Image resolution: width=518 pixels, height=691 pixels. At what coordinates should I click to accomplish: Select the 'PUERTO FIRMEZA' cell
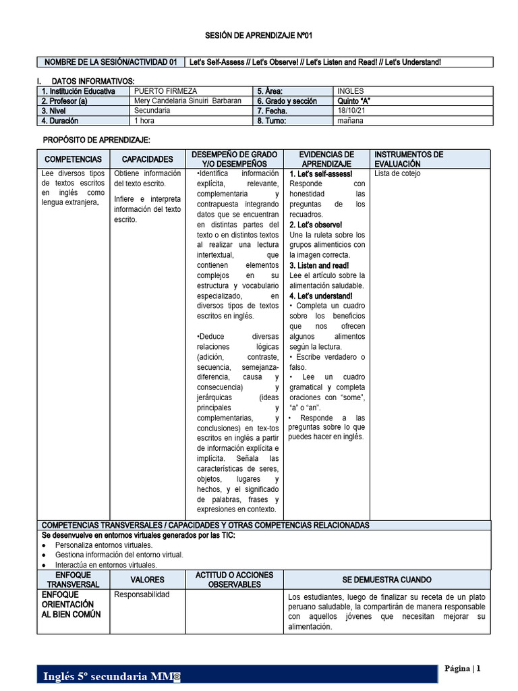click(x=162, y=90)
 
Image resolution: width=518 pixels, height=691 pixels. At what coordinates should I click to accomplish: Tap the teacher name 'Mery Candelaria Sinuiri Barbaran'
click(x=188, y=101)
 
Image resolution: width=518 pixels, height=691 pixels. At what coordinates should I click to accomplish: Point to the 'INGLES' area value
click(x=350, y=90)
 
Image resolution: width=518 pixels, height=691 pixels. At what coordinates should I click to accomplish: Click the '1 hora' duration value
click(x=146, y=121)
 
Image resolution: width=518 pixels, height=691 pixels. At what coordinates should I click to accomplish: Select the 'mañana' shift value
click(x=351, y=121)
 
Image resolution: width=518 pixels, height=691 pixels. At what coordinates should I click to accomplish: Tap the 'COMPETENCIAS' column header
click(x=73, y=159)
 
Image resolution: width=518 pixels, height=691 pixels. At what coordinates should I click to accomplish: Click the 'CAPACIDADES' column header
click(x=147, y=159)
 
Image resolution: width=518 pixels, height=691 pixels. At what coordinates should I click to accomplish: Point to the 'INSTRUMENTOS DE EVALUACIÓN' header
click(x=409, y=159)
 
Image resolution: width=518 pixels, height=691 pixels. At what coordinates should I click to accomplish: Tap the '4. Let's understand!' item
click(x=321, y=296)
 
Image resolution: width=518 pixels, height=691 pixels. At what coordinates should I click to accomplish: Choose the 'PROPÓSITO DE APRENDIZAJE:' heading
click(x=96, y=140)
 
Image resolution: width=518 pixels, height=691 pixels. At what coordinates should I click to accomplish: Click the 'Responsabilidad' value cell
click(x=142, y=595)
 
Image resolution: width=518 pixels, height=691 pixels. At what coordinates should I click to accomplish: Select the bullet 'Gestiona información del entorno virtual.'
click(x=119, y=555)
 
